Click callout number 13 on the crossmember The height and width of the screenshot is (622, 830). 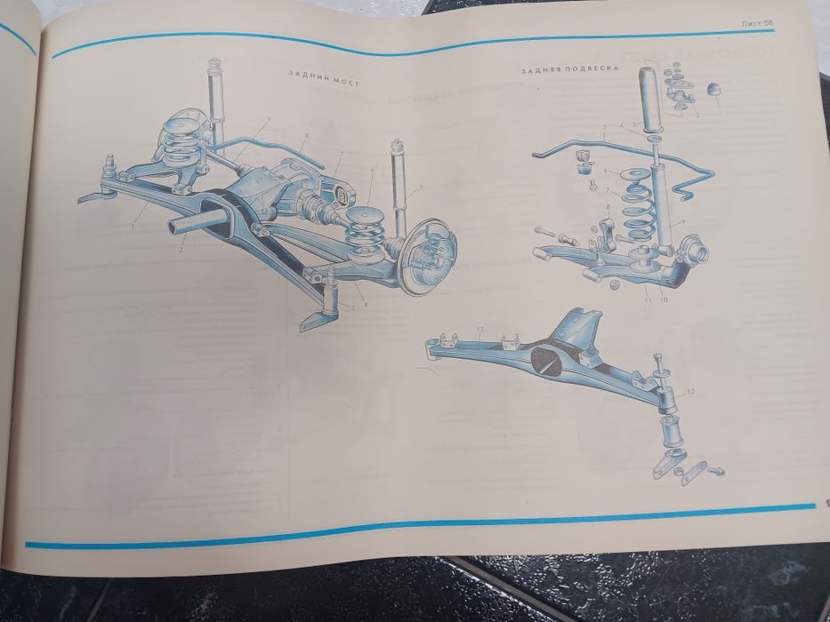479,331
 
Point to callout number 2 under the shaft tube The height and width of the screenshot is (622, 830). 181,251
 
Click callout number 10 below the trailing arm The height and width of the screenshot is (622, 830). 664,299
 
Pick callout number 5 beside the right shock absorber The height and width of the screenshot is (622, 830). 422,187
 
